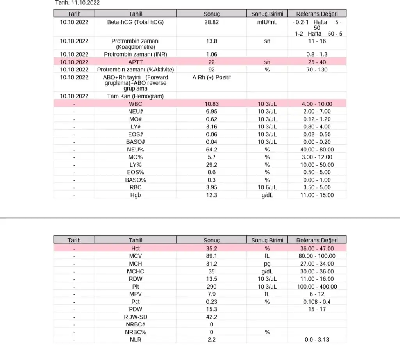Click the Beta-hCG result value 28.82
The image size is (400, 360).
(x=211, y=22)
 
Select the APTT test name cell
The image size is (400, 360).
(x=136, y=62)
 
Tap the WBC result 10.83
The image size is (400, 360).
(x=211, y=104)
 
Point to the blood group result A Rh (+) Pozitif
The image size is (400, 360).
(x=212, y=77)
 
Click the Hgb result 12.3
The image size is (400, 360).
(x=211, y=195)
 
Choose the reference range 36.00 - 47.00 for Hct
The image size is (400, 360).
(x=317, y=248)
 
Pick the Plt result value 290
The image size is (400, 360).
(x=211, y=287)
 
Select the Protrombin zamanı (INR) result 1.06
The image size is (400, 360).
(x=211, y=54)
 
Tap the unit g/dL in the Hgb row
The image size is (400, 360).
(x=267, y=195)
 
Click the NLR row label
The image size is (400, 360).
(x=136, y=340)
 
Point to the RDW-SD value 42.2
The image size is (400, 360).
(x=211, y=317)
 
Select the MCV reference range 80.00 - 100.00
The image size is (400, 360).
(x=317, y=256)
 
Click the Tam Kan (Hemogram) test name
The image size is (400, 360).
(x=136, y=96)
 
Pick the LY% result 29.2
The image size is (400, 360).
(x=211, y=165)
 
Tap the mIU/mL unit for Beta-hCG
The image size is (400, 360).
(x=267, y=22)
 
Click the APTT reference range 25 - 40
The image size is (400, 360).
(x=317, y=62)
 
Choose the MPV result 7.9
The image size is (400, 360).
(x=211, y=294)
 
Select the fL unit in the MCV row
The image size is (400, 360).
(x=267, y=256)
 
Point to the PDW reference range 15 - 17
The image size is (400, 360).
(x=317, y=309)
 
